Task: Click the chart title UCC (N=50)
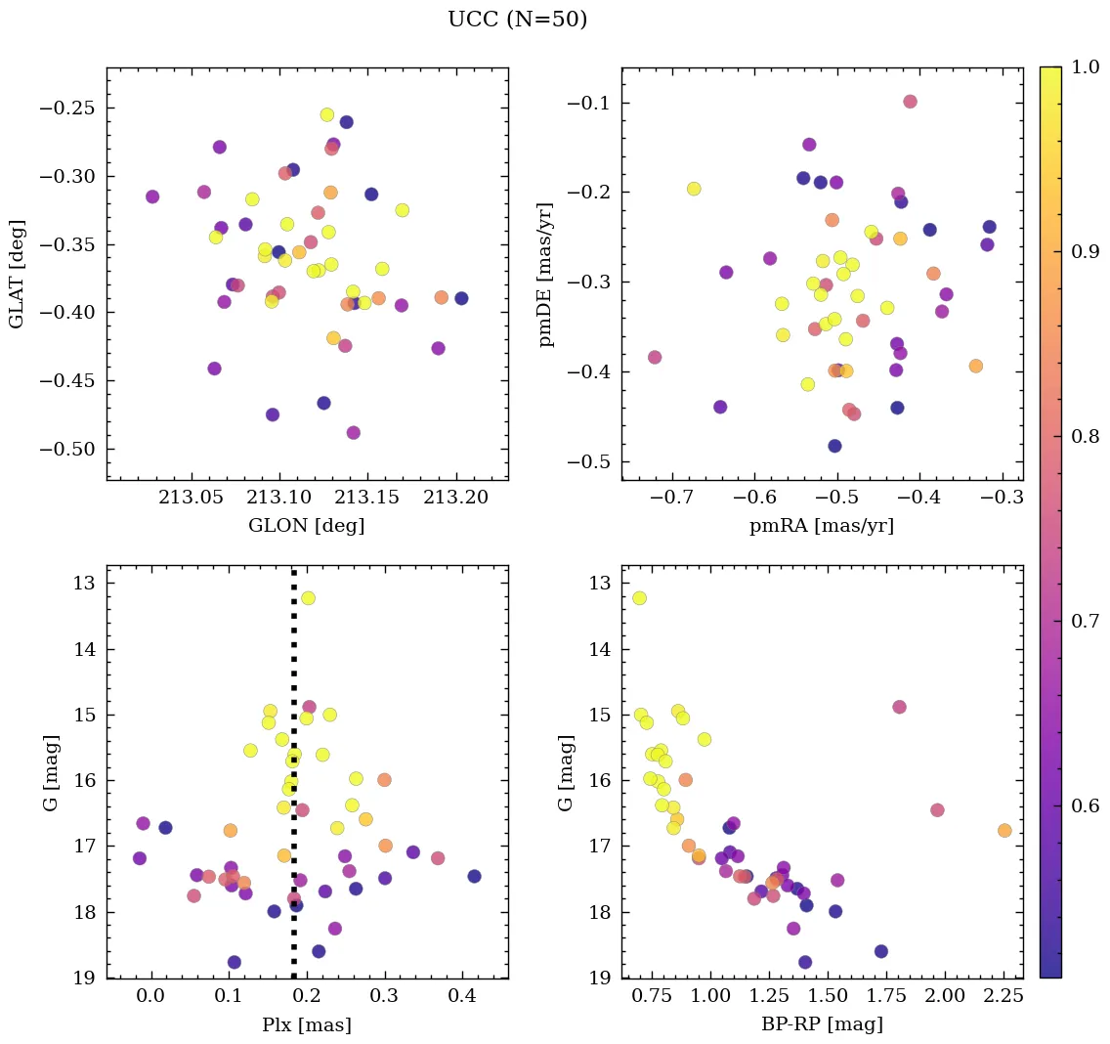pyautogui.click(x=517, y=20)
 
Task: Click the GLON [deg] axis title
pyautogui.click(x=306, y=526)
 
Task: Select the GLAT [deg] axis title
pyautogui.click(x=17, y=274)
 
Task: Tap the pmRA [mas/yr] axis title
pyautogui.click(x=821, y=526)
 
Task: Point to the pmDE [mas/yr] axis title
pyautogui.click(x=547, y=275)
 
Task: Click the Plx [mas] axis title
pyautogui.click(x=306, y=1024)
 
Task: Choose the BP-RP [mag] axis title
pyautogui.click(x=821, y=1024)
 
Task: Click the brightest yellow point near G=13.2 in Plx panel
pyautogui.click(x=308, y=598)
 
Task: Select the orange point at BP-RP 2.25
pyautogui.click(x=1004, y=830)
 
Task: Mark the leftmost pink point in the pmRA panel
pyautogui.click(x=655, y=357)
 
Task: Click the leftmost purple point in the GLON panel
pyautogui.click(x=152, y=196)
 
